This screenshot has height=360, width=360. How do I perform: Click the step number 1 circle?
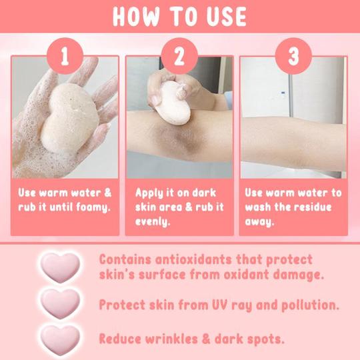point(65,56)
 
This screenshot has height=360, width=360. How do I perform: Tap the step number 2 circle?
point(179,56)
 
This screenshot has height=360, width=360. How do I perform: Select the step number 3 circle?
point(294,56)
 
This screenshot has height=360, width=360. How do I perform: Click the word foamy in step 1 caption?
point(89,207)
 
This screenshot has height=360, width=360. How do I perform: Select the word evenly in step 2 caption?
point(152,221)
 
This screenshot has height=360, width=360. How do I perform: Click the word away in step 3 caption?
point(260,221)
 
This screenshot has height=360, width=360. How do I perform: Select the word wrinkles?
point(179,338)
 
